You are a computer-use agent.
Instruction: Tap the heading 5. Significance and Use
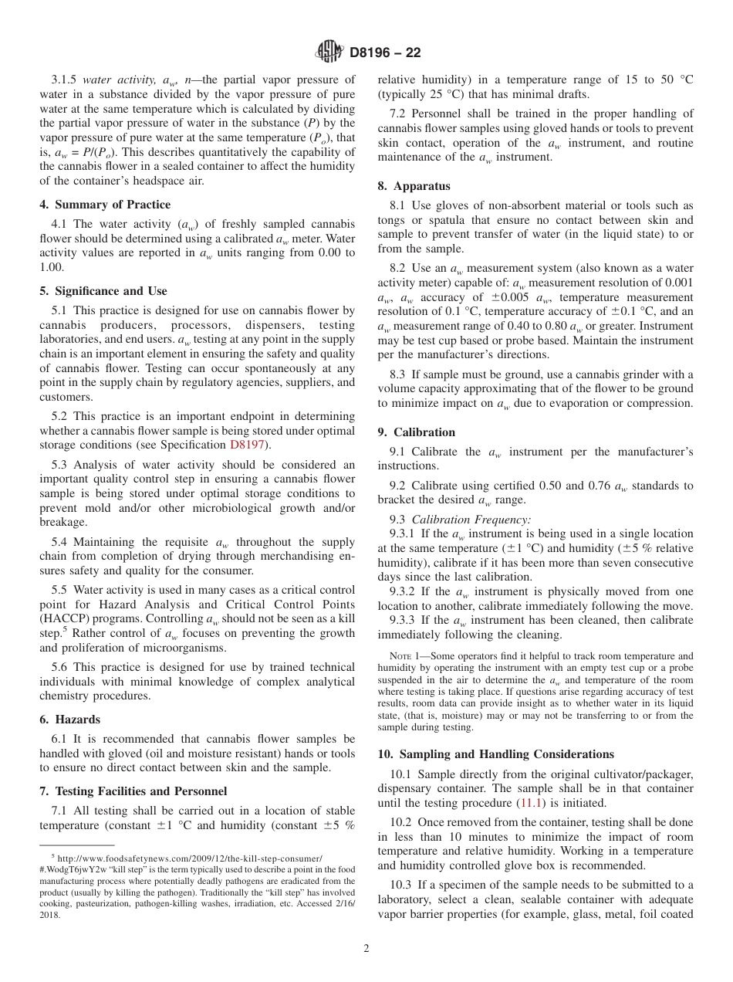pyautogui.click(x=103, y=291)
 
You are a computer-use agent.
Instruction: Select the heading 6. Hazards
pyautogui.click(x=69, y=720)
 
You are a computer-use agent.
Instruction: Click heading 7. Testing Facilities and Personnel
pyautogui.click(x=133, y=791)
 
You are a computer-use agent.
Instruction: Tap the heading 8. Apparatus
pyautogui.click(x=414, y=186)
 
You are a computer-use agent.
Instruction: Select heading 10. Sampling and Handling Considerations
pyautogui.click(x=495, y=754)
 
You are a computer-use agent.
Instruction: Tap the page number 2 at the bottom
pyautogui.click(x=366, y=949)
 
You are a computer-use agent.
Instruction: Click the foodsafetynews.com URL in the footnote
pyautogui.click(x=189, y=858)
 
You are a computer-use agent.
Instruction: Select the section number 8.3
pyautogui.click(x=399, y=374)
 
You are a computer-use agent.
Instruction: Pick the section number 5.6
pyautogui.click(x=61, y=667)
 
